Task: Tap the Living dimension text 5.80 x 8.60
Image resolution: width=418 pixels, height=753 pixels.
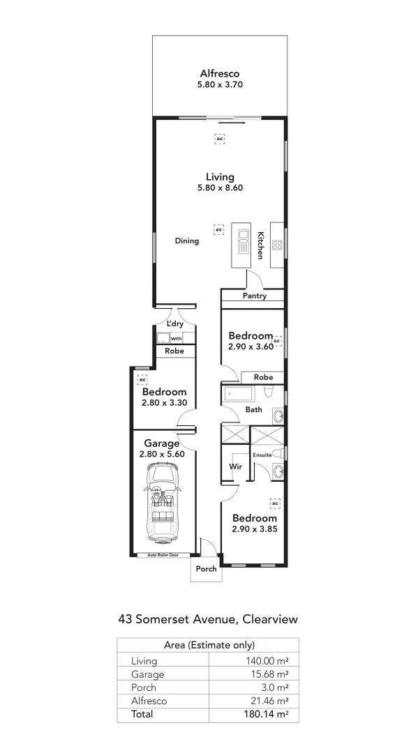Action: [219, 188]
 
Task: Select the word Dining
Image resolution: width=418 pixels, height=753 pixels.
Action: [187, 241]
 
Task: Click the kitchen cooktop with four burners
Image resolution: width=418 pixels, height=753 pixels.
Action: [276, 245]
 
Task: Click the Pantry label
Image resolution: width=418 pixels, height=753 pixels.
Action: [255, 296]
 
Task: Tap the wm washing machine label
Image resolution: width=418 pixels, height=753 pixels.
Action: [176, 339]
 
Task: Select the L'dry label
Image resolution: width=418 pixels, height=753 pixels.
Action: [174, 324]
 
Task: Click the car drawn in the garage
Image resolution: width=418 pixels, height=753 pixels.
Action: [163, 503]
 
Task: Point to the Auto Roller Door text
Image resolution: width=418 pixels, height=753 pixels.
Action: [163, 555]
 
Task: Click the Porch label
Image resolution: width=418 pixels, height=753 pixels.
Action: [206, 569]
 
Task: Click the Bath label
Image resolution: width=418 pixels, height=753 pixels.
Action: [253, 410]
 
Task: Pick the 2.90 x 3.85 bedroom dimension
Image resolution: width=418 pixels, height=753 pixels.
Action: [255, 530]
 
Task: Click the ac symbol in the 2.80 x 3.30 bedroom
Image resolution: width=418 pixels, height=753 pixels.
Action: [142, 379]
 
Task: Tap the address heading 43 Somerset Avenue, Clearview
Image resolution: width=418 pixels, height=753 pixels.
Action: [209, 618]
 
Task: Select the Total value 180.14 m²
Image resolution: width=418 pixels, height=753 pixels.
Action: [269, 714]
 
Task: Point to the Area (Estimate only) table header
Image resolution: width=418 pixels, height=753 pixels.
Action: [208, 645]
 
